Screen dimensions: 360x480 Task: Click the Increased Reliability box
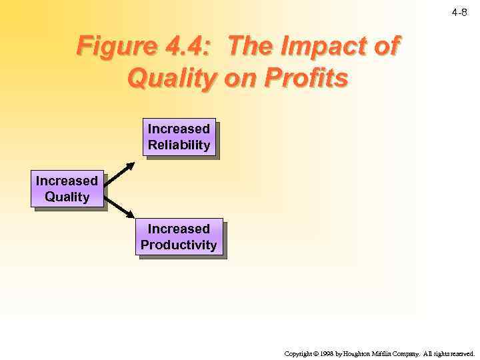[179, 137]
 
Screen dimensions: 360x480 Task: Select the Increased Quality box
[67, 189]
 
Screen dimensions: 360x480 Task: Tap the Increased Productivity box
[179, 237]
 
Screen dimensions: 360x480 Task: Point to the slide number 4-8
[459, 12]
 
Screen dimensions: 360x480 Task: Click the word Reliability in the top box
[179, 145]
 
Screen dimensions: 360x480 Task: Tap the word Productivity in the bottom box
[179, 245]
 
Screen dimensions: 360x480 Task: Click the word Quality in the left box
[67, 197]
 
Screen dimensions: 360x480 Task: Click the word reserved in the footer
[463, 353]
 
